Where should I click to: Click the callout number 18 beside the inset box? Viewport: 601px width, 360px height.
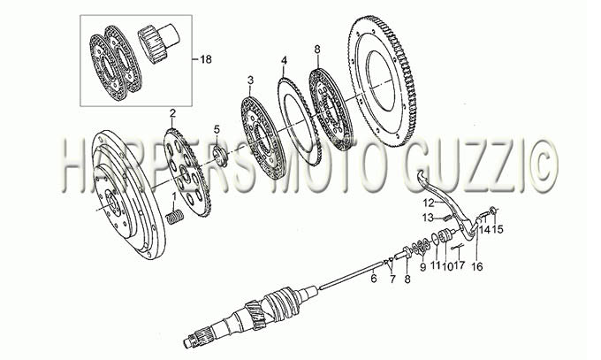click(206, 59)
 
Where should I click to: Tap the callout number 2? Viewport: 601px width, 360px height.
click(172, 113)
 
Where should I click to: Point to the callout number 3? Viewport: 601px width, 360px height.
click(250, 80)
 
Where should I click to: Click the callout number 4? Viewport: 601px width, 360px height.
click(284, 60)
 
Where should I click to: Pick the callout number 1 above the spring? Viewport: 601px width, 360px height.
click(174, 197)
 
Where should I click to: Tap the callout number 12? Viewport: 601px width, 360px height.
click(428, 202)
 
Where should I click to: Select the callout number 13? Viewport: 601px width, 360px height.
click(428, 218)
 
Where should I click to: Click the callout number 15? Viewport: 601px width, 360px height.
click(498, 229)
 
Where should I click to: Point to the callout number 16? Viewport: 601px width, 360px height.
click(477, 266)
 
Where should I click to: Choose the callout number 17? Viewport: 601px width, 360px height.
click(460, 264)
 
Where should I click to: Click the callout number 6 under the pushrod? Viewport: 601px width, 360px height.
click(374, 279)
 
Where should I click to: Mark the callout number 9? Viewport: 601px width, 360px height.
click(422, 267)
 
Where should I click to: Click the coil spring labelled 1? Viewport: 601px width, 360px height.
click(176, 218)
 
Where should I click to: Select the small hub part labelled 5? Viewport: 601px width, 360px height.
click(220, 157)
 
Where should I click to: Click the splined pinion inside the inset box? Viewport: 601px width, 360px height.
click(158, 42)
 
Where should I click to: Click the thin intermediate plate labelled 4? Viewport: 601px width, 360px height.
click(299, 121)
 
